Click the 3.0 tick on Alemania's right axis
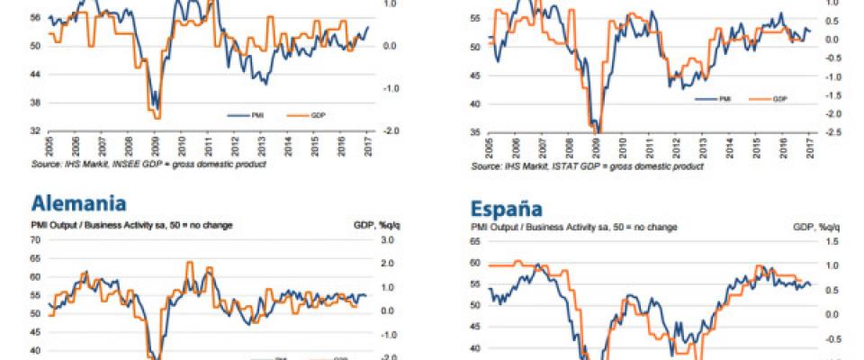388,240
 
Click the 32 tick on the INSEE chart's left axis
34,130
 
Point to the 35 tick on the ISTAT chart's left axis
476,132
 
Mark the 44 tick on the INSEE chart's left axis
34,74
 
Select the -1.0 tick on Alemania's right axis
388,334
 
